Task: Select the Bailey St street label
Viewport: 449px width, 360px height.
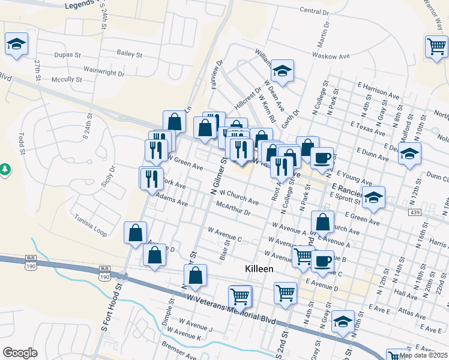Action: (129, 54)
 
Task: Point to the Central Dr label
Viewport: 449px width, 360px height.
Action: (314, 11)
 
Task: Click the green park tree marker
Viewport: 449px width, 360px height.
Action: (5, 170)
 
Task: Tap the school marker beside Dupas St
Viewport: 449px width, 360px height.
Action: (17, 44)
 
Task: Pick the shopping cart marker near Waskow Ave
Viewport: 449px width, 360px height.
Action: (436, 47)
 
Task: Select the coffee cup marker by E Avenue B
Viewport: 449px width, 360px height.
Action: (322, 261)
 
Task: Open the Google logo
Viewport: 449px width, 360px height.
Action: (20, 353)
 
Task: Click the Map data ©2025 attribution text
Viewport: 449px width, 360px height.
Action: (424, 355)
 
